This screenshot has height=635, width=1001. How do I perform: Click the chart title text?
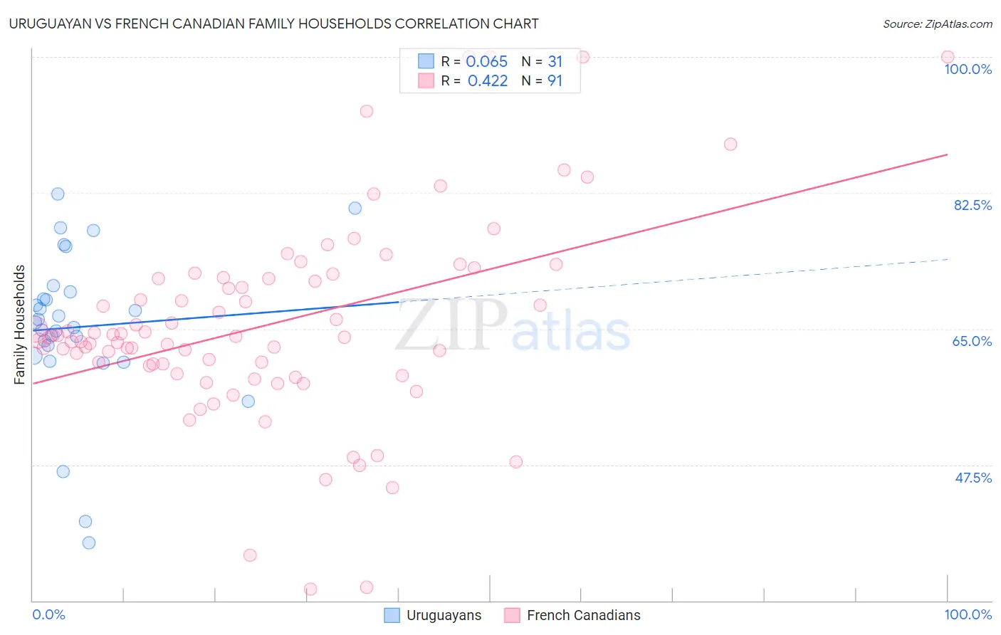[x=273, y=23]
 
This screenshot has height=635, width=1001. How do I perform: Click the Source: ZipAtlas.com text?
[x=937, y=24]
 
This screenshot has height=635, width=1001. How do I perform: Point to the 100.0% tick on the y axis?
[x=968, y=69]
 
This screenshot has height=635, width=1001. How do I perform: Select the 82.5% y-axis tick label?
[x=973, y=205]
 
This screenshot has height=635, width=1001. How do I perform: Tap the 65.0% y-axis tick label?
[x=972, y=341]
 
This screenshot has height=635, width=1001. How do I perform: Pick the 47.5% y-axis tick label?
[x=973, y=478]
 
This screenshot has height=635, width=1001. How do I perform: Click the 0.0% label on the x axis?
[x=48, y=614]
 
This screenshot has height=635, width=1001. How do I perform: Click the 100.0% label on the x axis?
[x=968, y=614]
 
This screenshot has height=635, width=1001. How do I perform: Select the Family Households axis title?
[x=20, y=325]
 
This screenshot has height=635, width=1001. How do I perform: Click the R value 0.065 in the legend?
[x=486, y=62]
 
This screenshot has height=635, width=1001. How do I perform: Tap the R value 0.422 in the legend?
[x=488, y=81]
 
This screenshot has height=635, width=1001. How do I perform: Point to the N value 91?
[x=555, y=81]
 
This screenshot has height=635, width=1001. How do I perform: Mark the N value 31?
[x=555, y=62]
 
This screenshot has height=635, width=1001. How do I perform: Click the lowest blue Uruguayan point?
[x=89, y=542]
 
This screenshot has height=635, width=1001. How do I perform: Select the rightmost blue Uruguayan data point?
[x=355, y=208]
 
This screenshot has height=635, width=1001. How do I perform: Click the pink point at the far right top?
[x=947, y=57]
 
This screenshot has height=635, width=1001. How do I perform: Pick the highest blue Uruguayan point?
[x=58, y=194]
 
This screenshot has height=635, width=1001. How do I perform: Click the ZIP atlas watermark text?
[x=513, y=325]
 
